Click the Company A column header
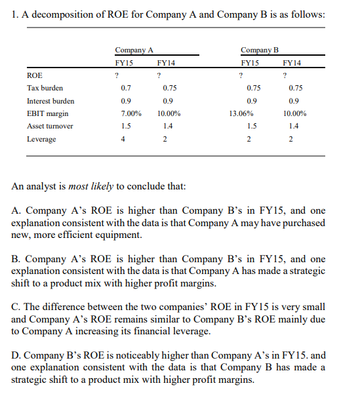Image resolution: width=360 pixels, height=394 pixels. coord(134,50)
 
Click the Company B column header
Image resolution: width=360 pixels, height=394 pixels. coord(259,50)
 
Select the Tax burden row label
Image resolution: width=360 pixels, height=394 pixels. coord(45,88)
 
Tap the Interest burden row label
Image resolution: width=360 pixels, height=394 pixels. coord(50,101)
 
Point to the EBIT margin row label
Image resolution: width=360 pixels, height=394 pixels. coord(47,113)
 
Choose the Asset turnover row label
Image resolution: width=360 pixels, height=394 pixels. coord(50,126)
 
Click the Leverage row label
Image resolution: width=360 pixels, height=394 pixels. coord(41,139)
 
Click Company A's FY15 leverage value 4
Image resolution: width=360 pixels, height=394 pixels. coord(125,139)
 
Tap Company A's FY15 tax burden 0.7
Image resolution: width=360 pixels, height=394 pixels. coord(126,88)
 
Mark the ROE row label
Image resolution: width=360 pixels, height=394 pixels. coord(34,75)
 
